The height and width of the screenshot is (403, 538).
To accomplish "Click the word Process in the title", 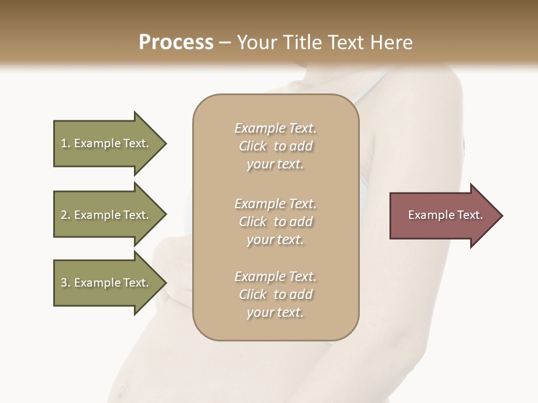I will pyautogui.click(x=176, y=43).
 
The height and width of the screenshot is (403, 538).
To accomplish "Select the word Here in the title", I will pyautogui.click(x=391, y=43).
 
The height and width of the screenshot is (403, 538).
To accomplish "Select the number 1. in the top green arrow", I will pyautogui.click(x=66, y=143).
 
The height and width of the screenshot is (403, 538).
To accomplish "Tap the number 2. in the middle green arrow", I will pyautogui.click(x=66, y=215).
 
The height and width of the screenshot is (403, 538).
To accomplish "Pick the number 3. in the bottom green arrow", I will pyautogui.click(x=66, y=283).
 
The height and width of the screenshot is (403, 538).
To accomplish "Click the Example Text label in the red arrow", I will pyautogui.click(x=445, y=215).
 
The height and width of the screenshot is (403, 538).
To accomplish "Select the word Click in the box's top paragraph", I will pyautogui.click(x=253, y=146).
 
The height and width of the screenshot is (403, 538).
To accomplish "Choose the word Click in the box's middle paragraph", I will pyautogui.click(x=253, y=222).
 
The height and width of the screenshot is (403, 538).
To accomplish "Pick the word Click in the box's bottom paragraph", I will pyautogui.click(x=253, y=294).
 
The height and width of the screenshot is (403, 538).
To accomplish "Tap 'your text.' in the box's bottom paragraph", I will pyautogui.click(x=275, y=312).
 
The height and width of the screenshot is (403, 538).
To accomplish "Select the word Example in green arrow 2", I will pyautogui.click(x=97, y=215).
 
